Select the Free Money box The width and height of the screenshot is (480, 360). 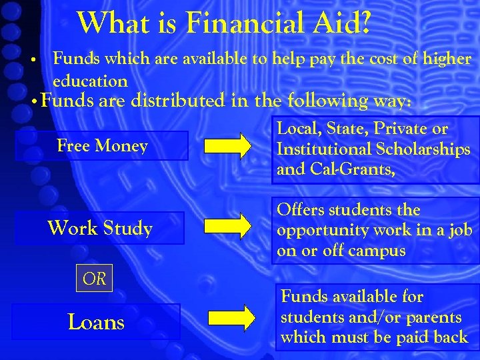pyautogui.click(x=102, y=145)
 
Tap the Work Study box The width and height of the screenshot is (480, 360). pyautogui.click(x=100, y=228)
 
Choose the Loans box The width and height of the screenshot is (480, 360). pyautogui.click(x=96, y=322)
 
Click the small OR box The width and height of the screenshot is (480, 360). pyautogui.click(x=94, y=279)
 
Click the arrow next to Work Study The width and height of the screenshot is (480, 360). pyautogui.click(x=228, y=227)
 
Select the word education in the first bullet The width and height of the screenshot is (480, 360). pyautogui.click(x=90, y=81)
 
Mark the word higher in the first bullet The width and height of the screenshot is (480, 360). pyautogui.click(x=447, y=59)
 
